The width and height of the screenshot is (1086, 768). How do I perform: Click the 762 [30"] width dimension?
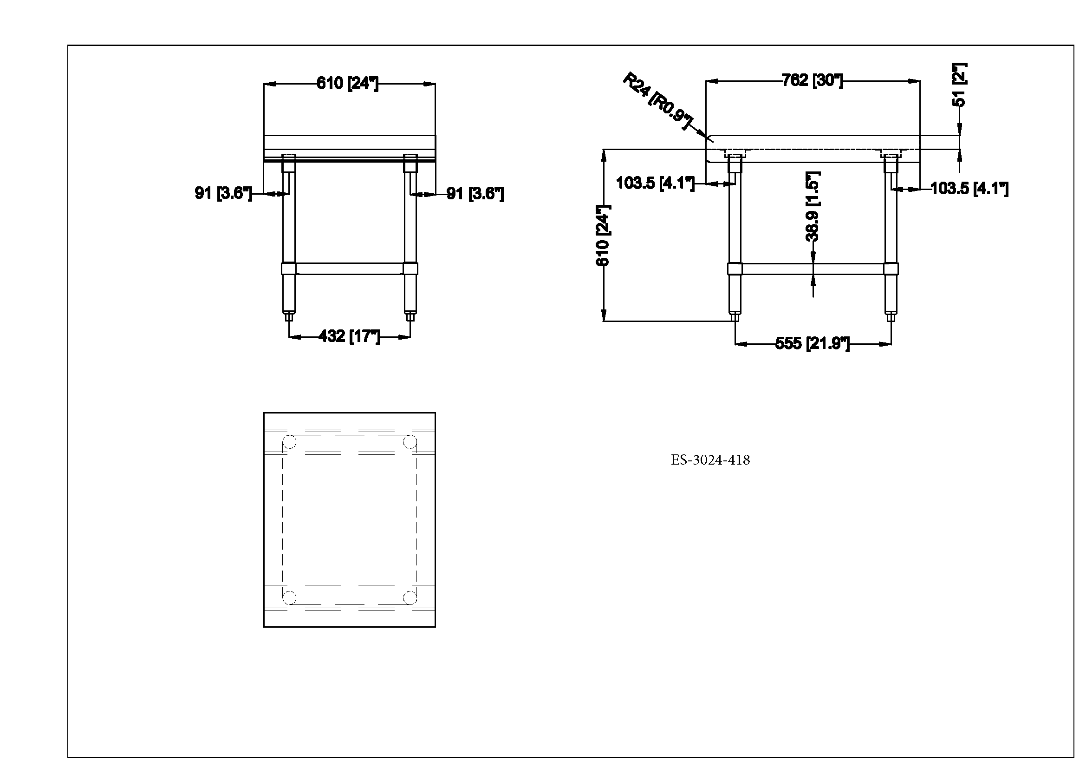812,80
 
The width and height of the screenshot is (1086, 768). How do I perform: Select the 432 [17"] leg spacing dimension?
349,336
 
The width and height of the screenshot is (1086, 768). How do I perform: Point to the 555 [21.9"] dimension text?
812,343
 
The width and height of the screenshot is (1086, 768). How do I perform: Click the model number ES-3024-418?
710,460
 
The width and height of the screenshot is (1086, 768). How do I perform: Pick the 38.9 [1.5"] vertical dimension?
813,207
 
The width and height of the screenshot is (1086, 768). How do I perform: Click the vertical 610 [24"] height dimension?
603,235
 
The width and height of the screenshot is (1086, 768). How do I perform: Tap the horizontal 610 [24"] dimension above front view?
348,83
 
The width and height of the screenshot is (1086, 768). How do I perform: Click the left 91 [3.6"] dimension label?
223,193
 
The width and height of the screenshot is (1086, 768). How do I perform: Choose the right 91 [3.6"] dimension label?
475,194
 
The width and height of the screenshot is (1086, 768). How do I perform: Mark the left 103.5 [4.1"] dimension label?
655,183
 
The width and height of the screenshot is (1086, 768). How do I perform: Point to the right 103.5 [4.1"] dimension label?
969,189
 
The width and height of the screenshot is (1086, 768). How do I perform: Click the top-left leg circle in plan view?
289,442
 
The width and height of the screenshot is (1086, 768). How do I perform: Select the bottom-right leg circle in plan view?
410,597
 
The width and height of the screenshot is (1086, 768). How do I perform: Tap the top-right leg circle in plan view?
410,442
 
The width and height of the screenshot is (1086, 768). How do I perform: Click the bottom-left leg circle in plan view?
289,597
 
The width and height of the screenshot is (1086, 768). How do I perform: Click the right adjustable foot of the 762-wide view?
891,315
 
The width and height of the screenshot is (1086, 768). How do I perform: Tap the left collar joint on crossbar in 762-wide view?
735,269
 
